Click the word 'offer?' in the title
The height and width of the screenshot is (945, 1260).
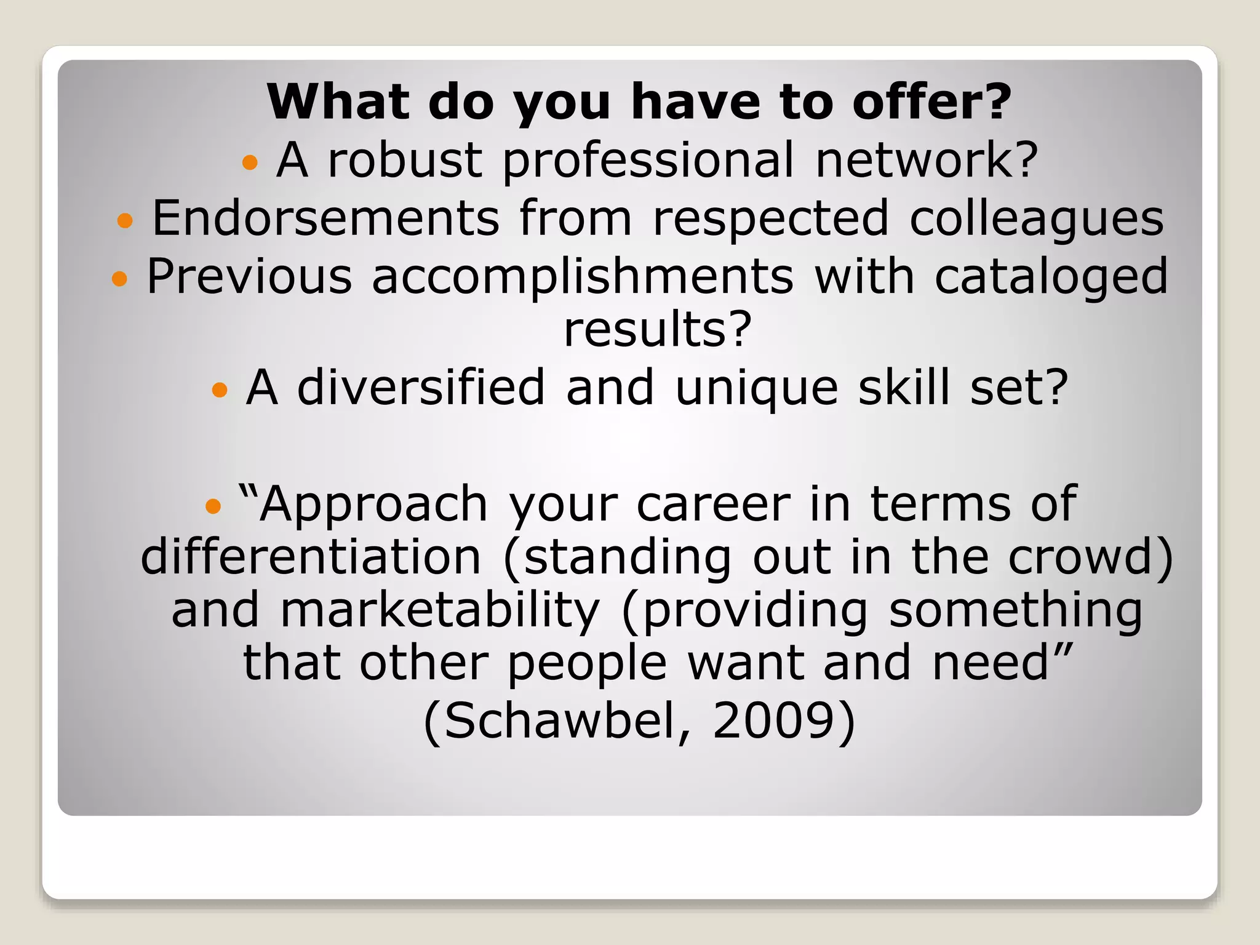[931, 102]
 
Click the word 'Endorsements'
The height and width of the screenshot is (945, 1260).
[325, 218]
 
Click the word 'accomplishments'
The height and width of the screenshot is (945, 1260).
[583, 277]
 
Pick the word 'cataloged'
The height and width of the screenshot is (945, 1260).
[1051, 277]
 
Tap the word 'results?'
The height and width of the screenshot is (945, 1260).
[658, 329]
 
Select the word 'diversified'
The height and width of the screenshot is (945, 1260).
[421, 388]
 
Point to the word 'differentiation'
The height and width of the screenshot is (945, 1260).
[311, 557]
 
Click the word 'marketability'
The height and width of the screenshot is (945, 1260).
[440, 610]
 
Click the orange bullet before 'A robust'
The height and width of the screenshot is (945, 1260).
[250, 162]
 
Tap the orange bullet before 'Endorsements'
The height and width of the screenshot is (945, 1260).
[125, 220]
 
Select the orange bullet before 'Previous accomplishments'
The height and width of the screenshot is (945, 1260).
[119, 279]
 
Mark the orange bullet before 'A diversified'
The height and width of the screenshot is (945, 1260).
[220, 389]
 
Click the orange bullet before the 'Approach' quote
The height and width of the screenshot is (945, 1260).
[213, 506]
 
